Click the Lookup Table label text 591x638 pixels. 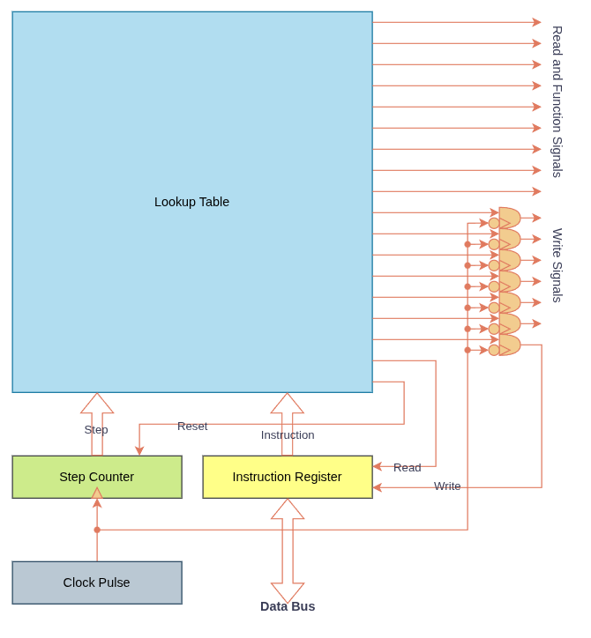(191, 202)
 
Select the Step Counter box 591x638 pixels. (97, 477)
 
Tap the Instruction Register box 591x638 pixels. (288, 477)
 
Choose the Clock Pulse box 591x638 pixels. (97, 582)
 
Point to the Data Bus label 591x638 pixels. (288, 606)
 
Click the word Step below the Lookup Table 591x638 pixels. (96, 430)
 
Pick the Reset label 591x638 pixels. (192, 427)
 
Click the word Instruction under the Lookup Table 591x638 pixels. (288, 435)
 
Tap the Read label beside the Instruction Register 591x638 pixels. (407, 468)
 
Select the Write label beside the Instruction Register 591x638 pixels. (447, 486)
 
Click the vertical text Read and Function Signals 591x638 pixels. (557, 101)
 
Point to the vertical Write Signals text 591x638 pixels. (557, 265)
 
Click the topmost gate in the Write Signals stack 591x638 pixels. (509, 219)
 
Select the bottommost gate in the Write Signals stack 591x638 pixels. (509, 345)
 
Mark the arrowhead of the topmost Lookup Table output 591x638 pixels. (537, 22)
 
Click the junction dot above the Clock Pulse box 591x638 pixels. (97, 530)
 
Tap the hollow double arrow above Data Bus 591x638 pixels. (288, 551)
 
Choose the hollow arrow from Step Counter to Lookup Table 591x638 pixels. (97, 423)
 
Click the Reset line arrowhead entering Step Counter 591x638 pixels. (139, 450)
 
